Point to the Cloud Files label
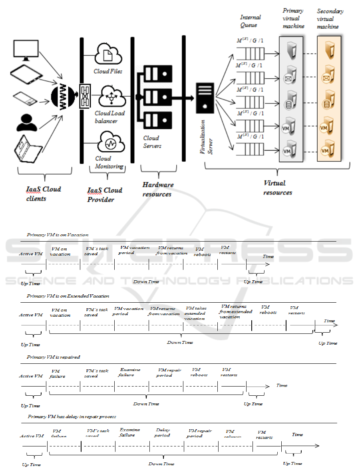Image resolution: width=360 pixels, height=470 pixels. click(x=108, y=71)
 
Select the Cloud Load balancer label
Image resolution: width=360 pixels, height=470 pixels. click(x=109, y=117)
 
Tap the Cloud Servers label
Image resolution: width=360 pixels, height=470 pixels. click(x=152, y=142)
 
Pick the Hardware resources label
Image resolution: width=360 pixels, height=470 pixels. click(x=158, y=189)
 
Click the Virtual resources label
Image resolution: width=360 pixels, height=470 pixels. click(x=277, y=187)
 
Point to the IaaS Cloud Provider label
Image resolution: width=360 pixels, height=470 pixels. click(x=105, y=194)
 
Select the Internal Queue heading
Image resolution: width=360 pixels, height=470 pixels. click(x=251, y=21)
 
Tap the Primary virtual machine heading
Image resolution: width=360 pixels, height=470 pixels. click(x=293, y=18)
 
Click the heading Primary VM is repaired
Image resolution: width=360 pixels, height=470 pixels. click(x=53, y=357)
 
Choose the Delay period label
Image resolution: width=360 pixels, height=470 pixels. click(x=162, y=433)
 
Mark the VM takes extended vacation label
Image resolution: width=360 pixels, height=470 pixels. click(x=195, y=313)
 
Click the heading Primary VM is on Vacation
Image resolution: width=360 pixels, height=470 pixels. click(x=58, y=235)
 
